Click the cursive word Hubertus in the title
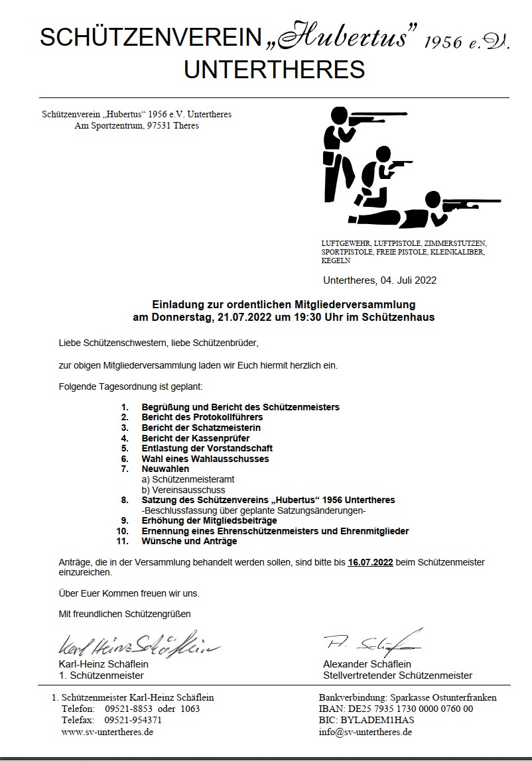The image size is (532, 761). [351, 38]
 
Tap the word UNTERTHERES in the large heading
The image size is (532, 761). [274, 70]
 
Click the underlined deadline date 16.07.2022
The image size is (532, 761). [370, 562]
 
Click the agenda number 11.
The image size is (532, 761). [121, 541]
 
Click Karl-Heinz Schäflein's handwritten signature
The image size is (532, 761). [139, 644]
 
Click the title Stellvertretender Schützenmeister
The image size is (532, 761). [397, 675]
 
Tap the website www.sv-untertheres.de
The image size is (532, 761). [107, 732]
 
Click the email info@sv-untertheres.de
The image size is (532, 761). [366, 732]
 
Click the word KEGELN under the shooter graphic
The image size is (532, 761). [336, 261]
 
